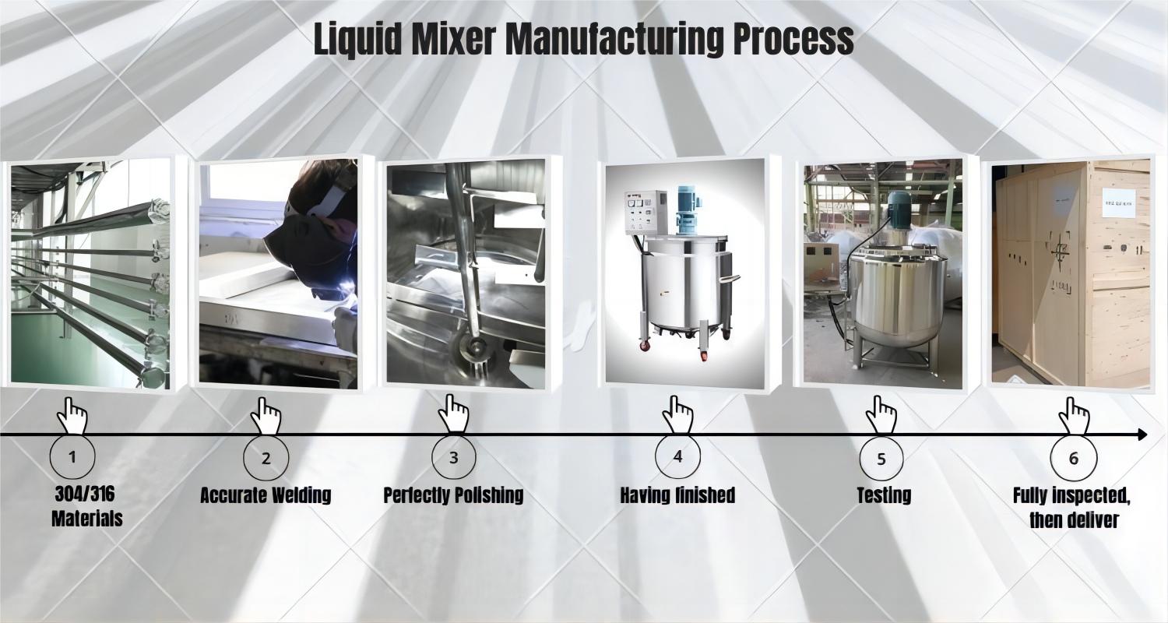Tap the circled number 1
[72, 456]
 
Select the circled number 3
[454, 457]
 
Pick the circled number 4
[678, 456]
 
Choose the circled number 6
[1074, 458]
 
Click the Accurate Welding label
[266, 495]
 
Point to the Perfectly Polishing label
[453, 495]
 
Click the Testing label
[884, 495]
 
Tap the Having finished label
[677, 495]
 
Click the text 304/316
[84, 495]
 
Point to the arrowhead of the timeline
[1142, 435]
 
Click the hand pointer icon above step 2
[266, 416]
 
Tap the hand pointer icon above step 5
[881, 415]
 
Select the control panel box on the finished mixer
[646, 212]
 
